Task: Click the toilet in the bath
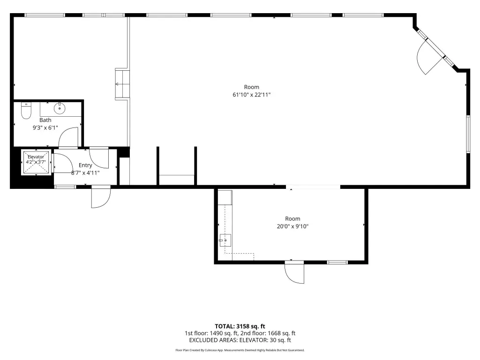26,111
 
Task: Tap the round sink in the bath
60,108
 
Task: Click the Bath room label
45,120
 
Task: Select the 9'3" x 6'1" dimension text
45,128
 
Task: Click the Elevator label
36,157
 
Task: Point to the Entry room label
85,165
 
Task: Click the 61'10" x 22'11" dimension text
252,95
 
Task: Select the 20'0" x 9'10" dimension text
292,226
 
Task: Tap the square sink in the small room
225,240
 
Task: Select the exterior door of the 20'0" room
294,272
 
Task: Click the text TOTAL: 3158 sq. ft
240,326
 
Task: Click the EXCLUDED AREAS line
240,340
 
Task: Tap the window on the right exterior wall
468,134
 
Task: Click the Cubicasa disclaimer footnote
240,350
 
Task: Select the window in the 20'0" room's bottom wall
337,262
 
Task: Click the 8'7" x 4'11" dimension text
85,173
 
